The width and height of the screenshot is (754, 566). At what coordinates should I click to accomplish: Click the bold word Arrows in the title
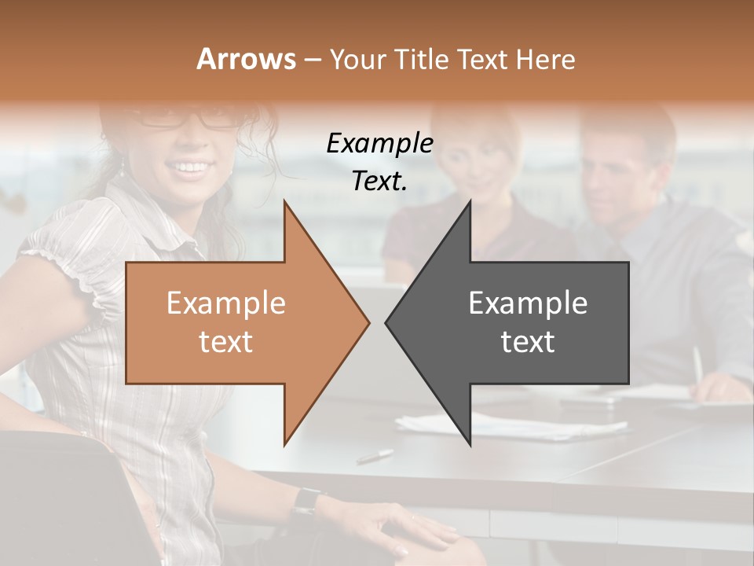click(246, 59)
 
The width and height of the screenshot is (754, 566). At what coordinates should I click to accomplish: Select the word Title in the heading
click(422, 59)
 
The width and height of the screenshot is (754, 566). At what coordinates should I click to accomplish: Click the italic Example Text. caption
click(379, 162)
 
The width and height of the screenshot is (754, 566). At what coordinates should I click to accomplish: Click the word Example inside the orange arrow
click(225, 303)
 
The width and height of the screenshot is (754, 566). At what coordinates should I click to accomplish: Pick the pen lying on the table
click(375, 455)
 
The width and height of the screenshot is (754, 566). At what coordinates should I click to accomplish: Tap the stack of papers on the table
click(511, 424)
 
